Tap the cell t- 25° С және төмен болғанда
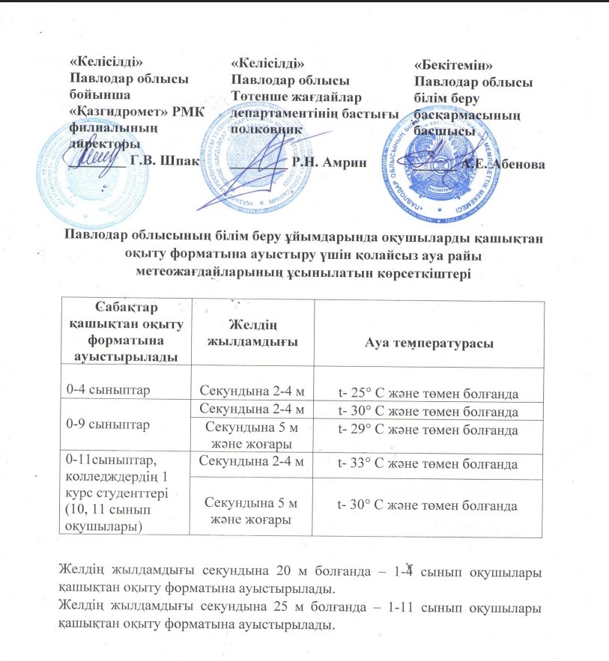pyautogui.click(x=428, y=394)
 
